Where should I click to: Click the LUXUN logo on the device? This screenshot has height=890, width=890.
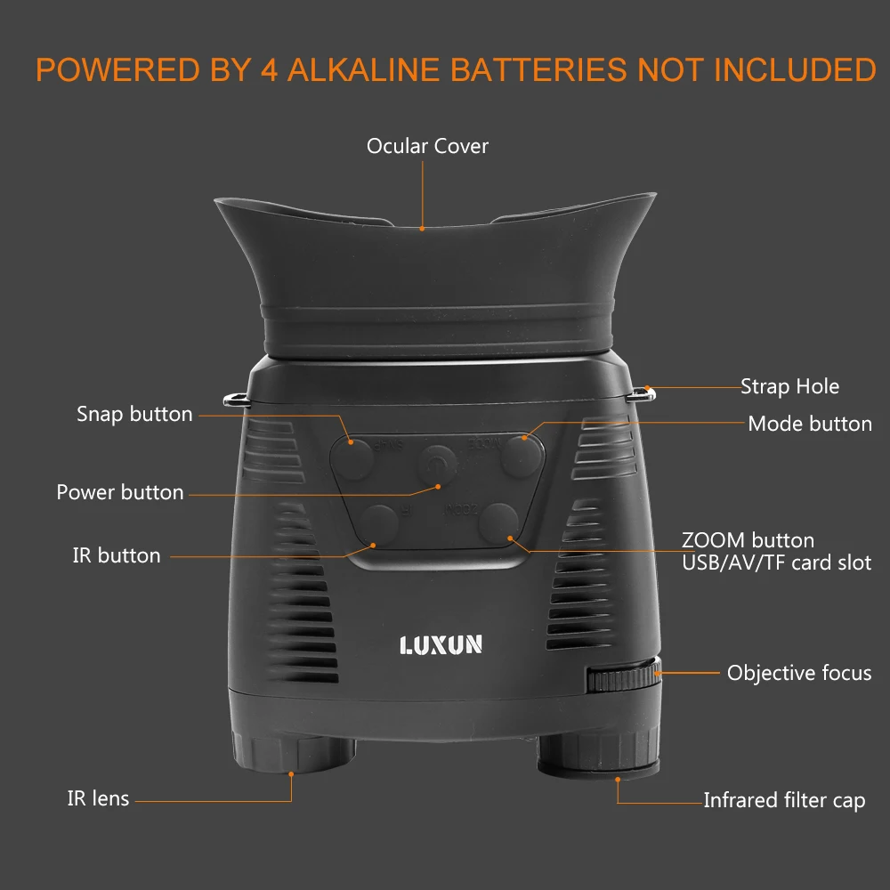click(441, 643)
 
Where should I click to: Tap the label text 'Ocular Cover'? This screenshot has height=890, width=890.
click(427, 146)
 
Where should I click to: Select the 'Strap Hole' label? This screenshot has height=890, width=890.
click(789, 386)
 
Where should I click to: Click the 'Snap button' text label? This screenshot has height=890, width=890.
click(134, 414)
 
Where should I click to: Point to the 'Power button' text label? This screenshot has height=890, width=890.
click(120, 492)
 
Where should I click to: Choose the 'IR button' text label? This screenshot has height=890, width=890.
click(117, 555)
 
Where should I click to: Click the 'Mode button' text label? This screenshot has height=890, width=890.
click(810, 424)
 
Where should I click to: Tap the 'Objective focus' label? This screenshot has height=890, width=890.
click(799, 673)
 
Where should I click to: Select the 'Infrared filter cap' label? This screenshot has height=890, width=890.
click(784, 800)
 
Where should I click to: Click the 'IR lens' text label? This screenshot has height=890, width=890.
click(98, 798)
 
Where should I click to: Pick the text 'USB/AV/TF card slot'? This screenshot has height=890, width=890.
click(776, 562)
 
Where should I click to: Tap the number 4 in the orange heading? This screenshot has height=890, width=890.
click(268, 70)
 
